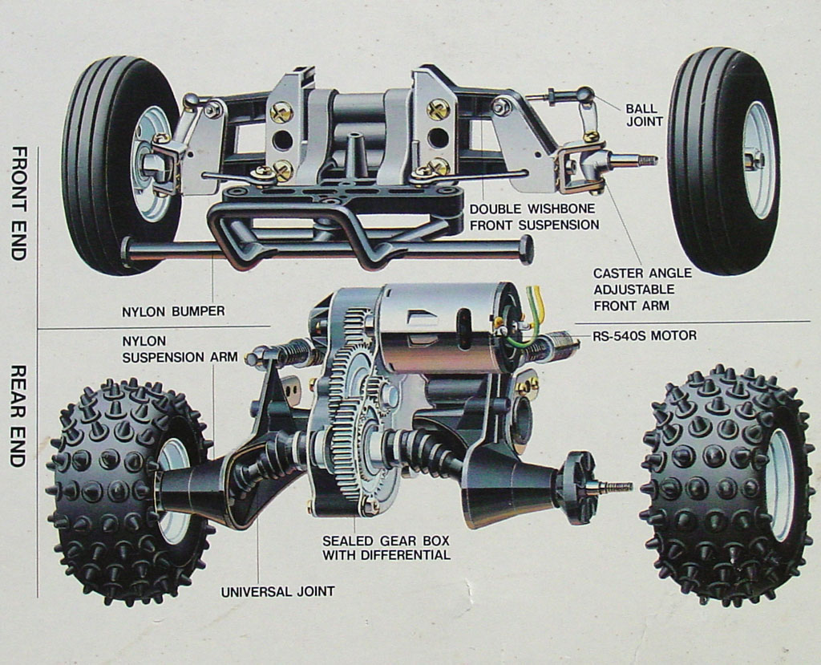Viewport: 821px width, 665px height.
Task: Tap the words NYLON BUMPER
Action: (x=173, y=311)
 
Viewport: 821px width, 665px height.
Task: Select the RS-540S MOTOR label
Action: (x=645, y=336)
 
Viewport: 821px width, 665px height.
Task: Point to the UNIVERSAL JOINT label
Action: (x=277, y=592)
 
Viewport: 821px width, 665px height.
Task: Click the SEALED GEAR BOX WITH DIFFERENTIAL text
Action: (x=386, y=548)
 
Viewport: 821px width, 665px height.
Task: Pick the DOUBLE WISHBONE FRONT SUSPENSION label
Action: (x=534, y=217)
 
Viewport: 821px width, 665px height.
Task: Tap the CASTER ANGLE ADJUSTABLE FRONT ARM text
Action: (x=642, y=289)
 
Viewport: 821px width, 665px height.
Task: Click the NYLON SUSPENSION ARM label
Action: (x=180, y=348)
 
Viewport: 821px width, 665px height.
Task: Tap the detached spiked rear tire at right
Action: (x=726, y=485)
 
